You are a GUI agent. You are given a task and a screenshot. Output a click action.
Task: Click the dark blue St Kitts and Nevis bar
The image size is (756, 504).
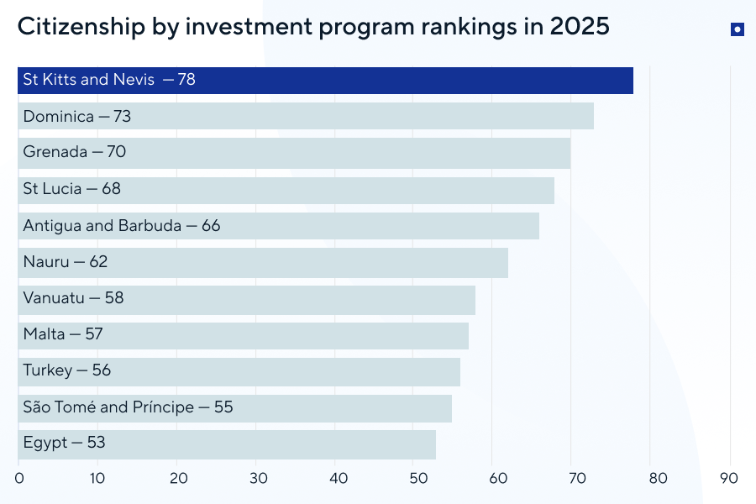click(x=326, y=81)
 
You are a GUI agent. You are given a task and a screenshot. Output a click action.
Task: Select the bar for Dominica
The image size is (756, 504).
click(x=306, y=117)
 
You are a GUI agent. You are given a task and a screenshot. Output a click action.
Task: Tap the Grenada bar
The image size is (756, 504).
click(x=294, y=153)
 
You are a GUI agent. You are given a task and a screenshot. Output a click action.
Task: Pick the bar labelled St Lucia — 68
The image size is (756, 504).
click(x=286, y=190)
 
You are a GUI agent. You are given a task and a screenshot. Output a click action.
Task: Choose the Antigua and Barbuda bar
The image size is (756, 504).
click(x=278, y=226)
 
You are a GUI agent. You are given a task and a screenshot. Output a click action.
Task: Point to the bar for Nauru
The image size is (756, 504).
click(x=263, y=262)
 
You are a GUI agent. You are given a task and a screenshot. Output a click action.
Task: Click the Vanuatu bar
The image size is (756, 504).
click(x=247, y=299)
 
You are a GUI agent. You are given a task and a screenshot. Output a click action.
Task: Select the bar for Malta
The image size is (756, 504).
click(x=243, y=335)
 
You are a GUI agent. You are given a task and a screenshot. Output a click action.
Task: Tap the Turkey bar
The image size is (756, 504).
click(x=239, y=371)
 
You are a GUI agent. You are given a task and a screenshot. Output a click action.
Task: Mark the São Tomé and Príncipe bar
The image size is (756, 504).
click(x=234, y=408)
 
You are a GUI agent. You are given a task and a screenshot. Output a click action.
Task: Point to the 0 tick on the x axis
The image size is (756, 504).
click(x=18, y=479)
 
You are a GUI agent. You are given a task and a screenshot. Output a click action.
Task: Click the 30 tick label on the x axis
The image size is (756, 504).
click(x=257, y=479)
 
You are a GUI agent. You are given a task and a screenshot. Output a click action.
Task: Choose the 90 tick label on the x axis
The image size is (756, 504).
click(x=730, y=479)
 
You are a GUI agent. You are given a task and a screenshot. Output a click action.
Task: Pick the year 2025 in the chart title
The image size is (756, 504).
click(x=580, y=27)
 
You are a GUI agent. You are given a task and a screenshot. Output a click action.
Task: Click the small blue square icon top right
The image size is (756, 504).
click(x=737, y=29)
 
